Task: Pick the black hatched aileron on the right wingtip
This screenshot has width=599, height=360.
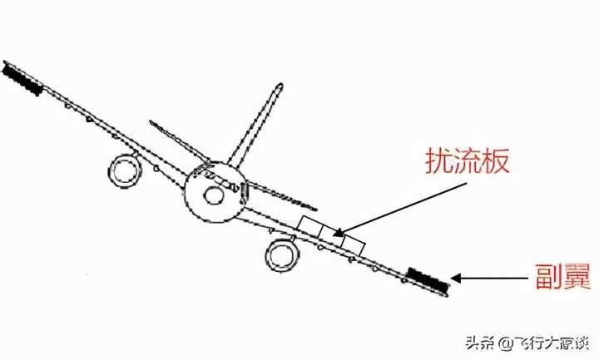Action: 428,280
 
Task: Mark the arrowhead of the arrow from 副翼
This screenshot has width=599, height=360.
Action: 456,279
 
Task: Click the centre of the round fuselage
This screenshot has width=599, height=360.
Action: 213,193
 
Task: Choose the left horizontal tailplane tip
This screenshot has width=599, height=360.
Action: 152,123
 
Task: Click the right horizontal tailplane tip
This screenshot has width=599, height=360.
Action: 316,206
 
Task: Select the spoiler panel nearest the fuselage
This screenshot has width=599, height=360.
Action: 310,224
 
